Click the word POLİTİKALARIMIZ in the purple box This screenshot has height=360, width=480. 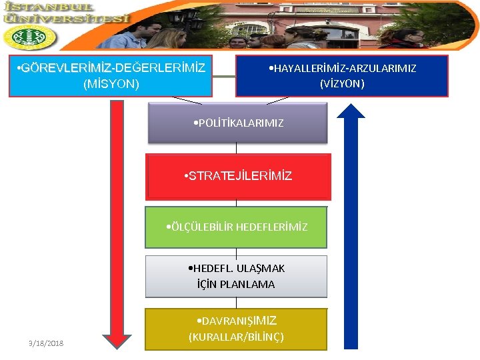tap(241, 123)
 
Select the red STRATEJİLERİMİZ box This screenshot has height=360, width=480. tap(238, 177)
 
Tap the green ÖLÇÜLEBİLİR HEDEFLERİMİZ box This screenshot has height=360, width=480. tap(237, 227)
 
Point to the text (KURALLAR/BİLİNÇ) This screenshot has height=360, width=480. tap(236, 337)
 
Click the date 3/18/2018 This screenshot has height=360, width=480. tap(46, 343)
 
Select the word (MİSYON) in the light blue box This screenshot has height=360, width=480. tap(111, 84)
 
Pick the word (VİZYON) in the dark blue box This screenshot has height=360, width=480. tap(342, 84)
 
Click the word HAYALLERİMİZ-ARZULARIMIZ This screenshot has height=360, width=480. tap(342, 68)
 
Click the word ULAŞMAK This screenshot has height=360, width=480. tap(260, 268)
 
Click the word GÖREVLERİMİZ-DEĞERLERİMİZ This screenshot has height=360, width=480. tap(112, 68)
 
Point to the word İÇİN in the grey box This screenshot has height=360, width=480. tap(208, 284)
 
